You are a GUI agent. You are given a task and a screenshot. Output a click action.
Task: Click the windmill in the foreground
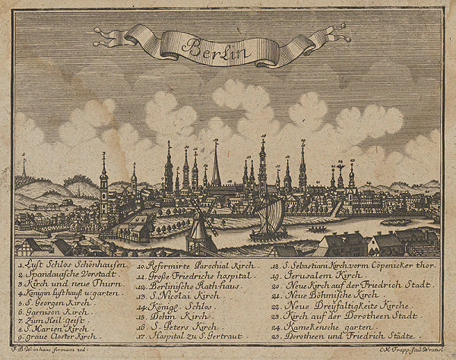[199, 229]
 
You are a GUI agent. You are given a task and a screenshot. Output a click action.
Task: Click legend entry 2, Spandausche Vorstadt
[62, 273]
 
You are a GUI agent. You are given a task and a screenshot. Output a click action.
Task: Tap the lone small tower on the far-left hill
[24, 166]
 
